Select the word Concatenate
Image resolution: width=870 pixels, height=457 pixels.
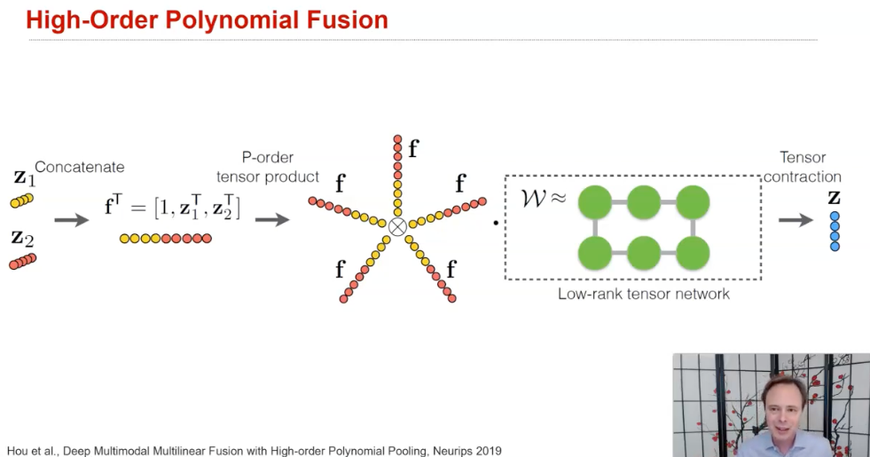click(x=80, y=167)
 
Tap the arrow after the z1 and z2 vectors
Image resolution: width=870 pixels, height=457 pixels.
click(x=71, y=219)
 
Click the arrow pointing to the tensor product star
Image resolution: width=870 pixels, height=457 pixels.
click(x=271, y=219)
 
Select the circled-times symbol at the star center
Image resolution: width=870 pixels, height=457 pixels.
click(x=397, y=226)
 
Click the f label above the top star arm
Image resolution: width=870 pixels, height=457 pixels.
click(x=413, y=148)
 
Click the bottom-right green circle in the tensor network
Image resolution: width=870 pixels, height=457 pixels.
click(x=691, y=252)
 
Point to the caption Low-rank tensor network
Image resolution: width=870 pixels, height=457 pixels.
click(x=643, y=294)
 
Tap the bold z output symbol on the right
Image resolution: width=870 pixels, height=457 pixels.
click(x=834, y=197)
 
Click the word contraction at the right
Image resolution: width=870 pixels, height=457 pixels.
click(x=802, y=177)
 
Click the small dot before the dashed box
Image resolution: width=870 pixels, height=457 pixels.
click(x=495, y=223)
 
